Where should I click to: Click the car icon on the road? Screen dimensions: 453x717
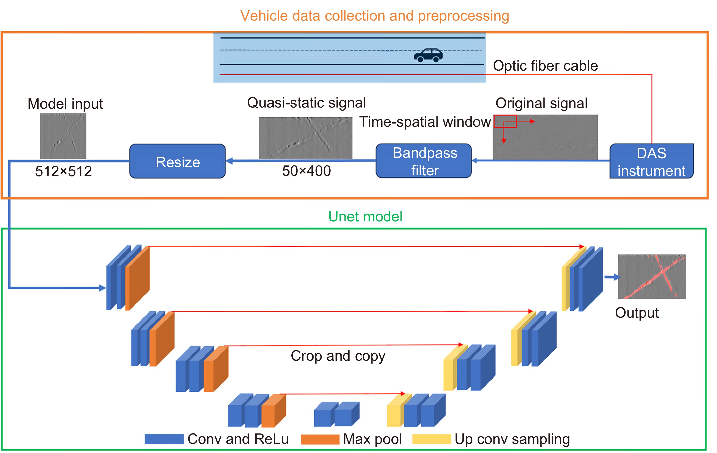click(x=428, y=55)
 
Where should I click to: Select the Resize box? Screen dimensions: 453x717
click(x=177, y=162)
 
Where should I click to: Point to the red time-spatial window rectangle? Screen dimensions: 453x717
click(x=505, y=121)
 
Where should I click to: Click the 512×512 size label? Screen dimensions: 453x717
click(x=64, y=171)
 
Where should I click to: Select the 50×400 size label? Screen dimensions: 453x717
click(x=306, y=171)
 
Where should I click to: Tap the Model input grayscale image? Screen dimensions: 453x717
click(x=63, y=136)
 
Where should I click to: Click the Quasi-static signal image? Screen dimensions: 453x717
click(x=305, y=138)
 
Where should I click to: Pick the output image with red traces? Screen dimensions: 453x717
click(x=652, y=277)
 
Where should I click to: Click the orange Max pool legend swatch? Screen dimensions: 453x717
click(x=320, y=439)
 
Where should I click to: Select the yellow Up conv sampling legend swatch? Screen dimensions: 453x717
click(x=431, y=439)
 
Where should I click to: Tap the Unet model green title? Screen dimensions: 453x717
click(x=365, y=216)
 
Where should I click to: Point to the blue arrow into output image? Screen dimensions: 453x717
click(x=612, y=277)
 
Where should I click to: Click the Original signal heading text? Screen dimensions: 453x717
click(x=541, y=103)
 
